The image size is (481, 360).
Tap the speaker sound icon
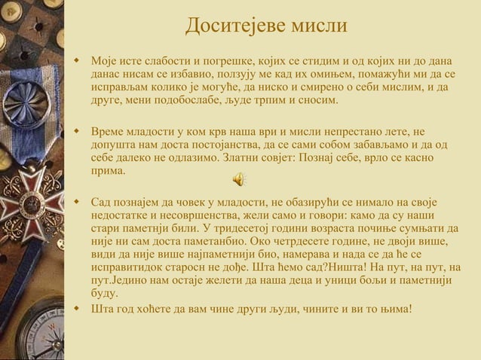click(237, 178)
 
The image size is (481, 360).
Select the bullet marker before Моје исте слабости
click(75, 59)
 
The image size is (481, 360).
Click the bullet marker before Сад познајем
click(75, 202)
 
